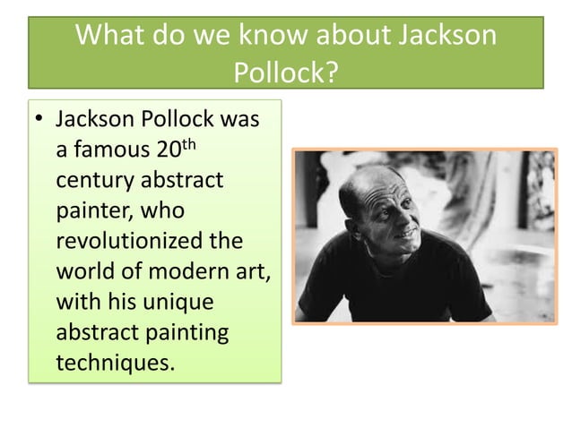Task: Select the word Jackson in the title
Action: (446, 36)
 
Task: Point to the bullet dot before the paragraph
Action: (40, 120)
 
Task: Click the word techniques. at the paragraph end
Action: (111, 364)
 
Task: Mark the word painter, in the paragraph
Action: (91, 211)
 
